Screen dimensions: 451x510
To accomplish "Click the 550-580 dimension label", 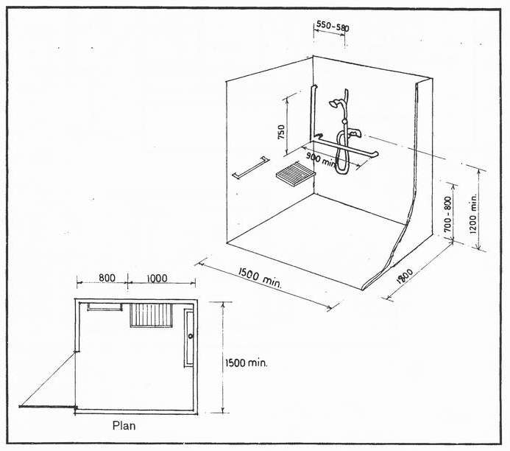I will [332, 27].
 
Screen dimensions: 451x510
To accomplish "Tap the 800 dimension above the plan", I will [106, 278].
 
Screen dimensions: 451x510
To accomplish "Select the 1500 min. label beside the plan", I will [247, 363].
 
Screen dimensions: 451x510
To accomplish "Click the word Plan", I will [124, 425].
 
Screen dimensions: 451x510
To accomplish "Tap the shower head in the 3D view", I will [336, 104].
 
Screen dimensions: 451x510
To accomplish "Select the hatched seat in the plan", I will [151, 315].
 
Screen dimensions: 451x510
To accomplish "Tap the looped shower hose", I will [341, 151].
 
